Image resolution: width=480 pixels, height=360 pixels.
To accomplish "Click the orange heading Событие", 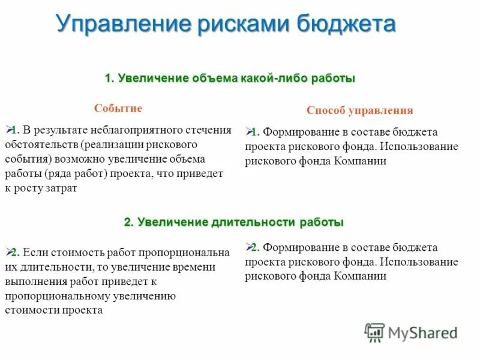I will click(118, 109).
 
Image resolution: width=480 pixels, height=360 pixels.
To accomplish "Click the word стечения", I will click(208, 131).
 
